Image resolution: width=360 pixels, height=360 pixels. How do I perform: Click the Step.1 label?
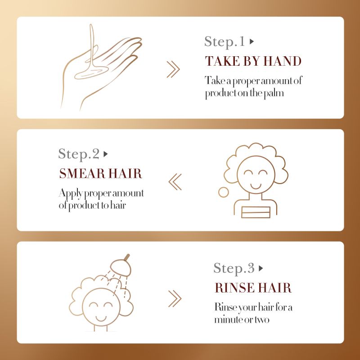(224, 42)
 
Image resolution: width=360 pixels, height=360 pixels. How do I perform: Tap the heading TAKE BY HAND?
(253, 61)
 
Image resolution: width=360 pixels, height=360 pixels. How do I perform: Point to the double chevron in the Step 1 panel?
(173, 69)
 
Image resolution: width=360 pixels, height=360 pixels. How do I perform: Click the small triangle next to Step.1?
(252, 41)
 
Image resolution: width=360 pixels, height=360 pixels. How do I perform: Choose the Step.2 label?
(79, 154)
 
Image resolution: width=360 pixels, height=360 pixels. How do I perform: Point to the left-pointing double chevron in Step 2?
(175, 182)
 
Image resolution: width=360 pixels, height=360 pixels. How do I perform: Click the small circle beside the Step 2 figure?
(223, 192)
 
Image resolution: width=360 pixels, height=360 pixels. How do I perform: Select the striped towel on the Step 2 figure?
(256, 211)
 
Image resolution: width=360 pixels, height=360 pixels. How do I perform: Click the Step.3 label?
(234, 269)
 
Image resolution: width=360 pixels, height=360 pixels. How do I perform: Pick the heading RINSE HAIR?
(253, 288)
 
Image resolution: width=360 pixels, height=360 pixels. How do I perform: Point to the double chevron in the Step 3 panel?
(174, 297)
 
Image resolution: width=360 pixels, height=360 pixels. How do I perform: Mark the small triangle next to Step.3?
(261, 269)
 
